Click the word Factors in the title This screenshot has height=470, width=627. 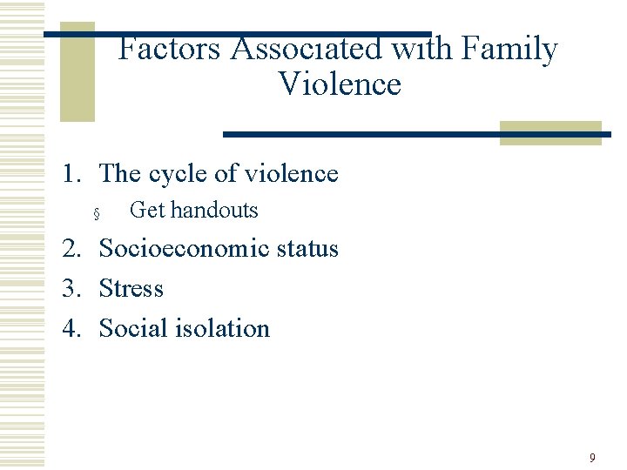(170, 50)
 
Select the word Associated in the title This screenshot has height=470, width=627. (307, 50)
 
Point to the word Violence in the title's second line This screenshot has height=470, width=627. (340, 84)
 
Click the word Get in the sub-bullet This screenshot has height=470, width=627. (146, 211)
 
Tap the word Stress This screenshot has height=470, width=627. (131, 288)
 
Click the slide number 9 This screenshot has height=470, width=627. (592, 458)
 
